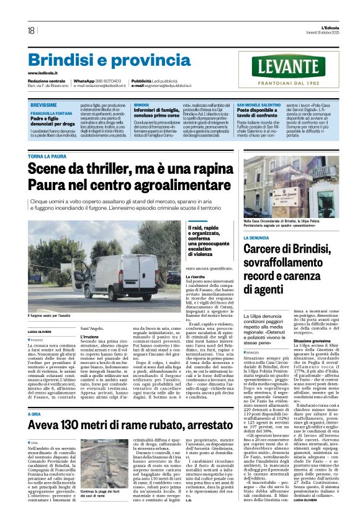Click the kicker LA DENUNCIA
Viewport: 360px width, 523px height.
pyautogui.click(x=256, y=237)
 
